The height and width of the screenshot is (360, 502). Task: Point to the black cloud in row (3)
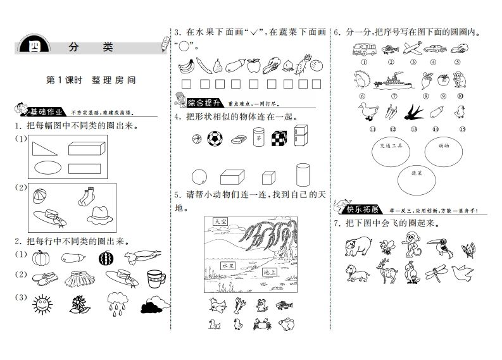[x=153, y=306]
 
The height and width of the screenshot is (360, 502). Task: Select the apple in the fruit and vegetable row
[x=253, y=65]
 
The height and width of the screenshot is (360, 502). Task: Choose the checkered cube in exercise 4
[x=279, y=138]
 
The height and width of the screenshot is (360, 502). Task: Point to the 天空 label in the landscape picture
[x=220, y=222]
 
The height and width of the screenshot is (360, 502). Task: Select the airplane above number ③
[x=411, y=47]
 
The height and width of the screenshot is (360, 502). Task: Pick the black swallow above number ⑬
[x=413, y=111]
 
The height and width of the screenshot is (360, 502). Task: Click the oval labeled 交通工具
[x=386, y=150]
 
